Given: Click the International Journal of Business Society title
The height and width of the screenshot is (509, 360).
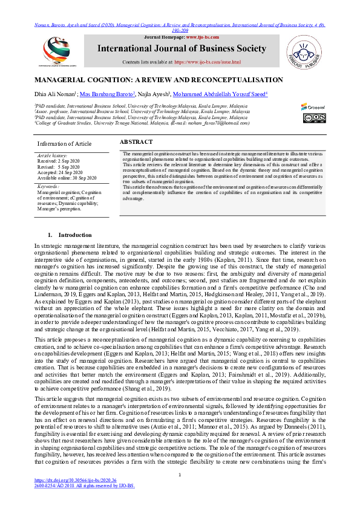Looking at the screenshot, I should [185, 48].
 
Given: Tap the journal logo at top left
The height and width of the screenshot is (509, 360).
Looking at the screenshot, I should [57, 50].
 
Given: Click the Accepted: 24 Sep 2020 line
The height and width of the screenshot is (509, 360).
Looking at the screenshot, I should [60, 172].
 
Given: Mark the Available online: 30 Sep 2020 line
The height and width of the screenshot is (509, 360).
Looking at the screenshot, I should [67, 177].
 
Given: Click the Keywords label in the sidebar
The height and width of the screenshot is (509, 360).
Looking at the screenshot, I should [50, 186].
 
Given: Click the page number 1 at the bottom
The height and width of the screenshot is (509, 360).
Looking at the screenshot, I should [180, 491].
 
